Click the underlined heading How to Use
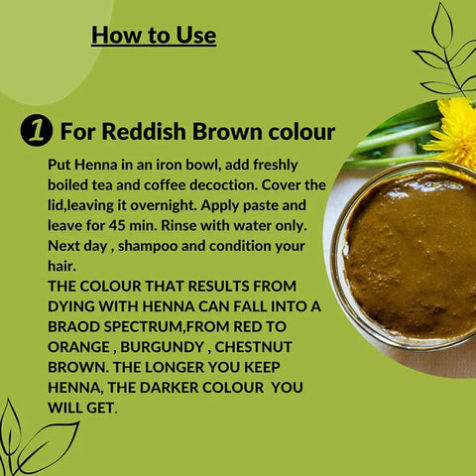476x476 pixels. (154, 36)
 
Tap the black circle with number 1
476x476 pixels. (36, 132)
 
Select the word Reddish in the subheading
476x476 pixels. (138, 132)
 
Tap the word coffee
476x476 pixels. (184, 185)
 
